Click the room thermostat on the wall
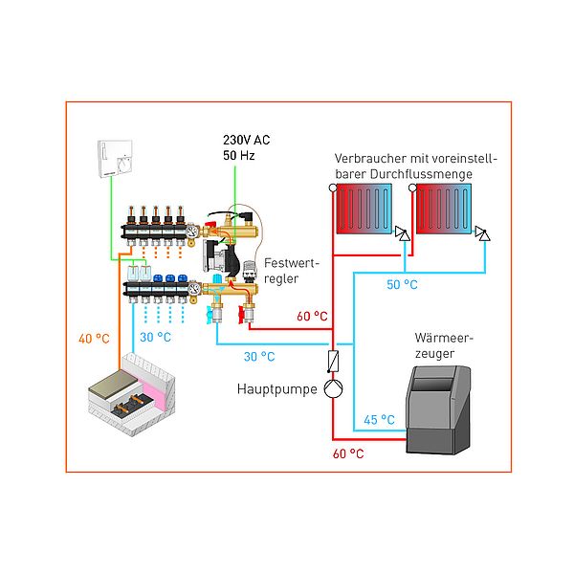tap(115, 159)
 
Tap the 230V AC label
tap(247, 140)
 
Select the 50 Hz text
tap(238, 156)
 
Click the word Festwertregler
tap(292, 271)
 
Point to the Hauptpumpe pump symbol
tap(333, 388)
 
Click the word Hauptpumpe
tap(277, 389)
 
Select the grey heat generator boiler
tap(438, 410)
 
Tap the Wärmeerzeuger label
tap(444, 345)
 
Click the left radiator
tap(364, 209)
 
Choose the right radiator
tap(444, 209)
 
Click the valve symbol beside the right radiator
tap(482, 233)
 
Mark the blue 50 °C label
tap(402, 285)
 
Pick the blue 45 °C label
tap(379, 420)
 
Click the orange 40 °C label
tap(94, 339)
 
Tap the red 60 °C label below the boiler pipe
tap(348, 453)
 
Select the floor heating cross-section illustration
tap(132, 394)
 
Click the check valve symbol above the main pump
tap(333, 362)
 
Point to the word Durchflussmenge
tap(421, 174)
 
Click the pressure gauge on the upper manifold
tap(191, 232)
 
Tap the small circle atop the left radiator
tap(333, 188)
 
